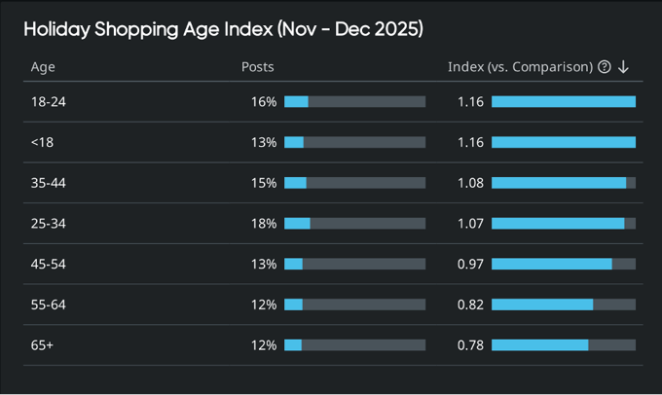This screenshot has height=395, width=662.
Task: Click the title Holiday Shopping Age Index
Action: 223,29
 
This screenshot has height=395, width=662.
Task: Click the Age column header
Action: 43,67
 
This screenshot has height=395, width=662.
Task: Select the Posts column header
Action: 257,67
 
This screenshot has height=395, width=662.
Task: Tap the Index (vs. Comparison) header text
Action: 520,67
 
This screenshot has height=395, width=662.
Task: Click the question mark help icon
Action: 605,67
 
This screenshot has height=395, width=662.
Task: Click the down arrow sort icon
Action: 624,67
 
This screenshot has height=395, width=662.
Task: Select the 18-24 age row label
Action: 48,101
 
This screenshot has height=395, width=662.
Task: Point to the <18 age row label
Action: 42,142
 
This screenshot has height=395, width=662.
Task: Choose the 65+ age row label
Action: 43,345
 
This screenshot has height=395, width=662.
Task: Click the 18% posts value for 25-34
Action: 264,224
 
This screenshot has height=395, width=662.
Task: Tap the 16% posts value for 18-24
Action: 264,101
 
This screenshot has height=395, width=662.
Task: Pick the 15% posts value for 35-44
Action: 264,183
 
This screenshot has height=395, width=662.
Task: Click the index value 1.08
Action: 470,183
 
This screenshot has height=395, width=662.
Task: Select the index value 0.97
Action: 470,264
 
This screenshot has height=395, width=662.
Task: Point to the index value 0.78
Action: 470,345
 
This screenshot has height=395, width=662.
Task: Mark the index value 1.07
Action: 470,224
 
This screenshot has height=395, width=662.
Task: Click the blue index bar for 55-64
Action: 542,305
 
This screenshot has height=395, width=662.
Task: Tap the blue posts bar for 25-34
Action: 297,224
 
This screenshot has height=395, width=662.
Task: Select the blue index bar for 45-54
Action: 551,264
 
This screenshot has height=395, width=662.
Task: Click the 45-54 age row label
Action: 49,264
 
